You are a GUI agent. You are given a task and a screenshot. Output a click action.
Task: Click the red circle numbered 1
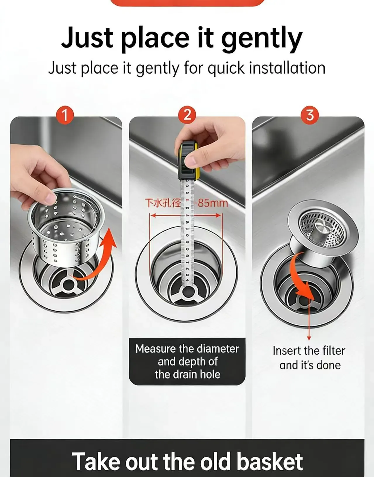[x=65, y=115]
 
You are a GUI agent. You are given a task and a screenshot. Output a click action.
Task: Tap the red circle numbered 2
[x=187, y=115]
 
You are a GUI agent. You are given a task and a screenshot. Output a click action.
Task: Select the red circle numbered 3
[x=310, y=115]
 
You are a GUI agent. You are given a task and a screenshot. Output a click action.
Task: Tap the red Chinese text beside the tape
[x=163, y=203]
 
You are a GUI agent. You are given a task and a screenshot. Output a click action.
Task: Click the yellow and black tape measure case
[x=188, y=161]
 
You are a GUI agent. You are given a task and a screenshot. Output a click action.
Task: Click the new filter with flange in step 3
[x=323, y=233]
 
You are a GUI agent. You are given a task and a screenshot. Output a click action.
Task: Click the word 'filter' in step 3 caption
[x=334, y=350]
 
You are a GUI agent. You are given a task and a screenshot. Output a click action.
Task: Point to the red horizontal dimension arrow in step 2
[x=186, y=215]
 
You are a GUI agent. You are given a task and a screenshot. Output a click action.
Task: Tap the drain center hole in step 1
[x=69, y=284]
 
